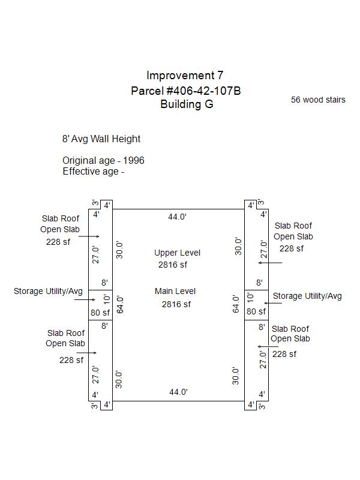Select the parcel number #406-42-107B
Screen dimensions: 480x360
tap(186, 91)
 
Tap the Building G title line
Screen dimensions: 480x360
tap(187, 104)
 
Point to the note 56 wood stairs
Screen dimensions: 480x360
tap(318, 100)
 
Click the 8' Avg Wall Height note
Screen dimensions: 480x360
tap(101, 139)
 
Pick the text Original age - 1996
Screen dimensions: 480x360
tap(103, 161)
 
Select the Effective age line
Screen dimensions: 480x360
tap(93, 171)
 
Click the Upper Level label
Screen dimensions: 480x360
tap(177, 253)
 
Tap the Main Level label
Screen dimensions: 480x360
tap(175, 291)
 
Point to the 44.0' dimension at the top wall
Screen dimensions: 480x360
tap(178, 217)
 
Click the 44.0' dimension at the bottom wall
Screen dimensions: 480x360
tap(178, 392)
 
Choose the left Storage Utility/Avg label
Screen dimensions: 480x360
tap(47, 291)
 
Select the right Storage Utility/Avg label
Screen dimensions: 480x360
tap(307, 296)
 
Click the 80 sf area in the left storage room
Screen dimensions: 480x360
tap(100, 312)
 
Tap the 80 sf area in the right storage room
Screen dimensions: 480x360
tap(256, 311)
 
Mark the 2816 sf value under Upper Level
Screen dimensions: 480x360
tap(173, 265)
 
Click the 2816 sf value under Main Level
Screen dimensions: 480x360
tap(176, 304)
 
